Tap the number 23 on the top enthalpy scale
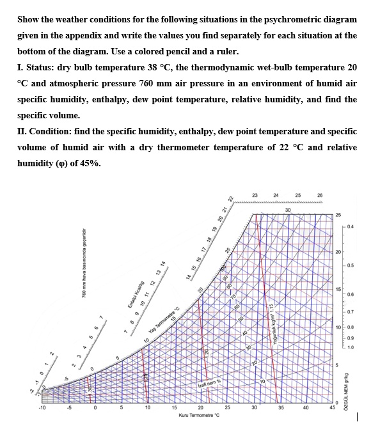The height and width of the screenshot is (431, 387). tap(255, 194)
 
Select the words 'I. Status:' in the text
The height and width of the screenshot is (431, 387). tap(36, 67)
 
